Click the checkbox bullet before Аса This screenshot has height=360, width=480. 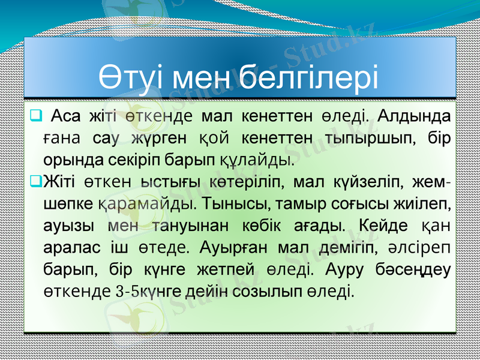tap(35, 113)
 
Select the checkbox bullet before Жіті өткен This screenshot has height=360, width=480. tap(35, 179)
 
